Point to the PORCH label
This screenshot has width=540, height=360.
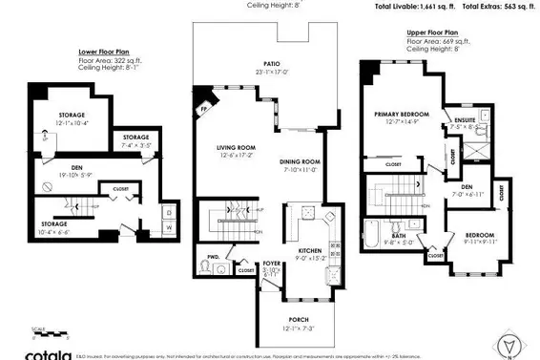pos(299,319)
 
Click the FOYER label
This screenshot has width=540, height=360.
pos(272,263)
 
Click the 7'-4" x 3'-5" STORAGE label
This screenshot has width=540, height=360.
pos(135,138)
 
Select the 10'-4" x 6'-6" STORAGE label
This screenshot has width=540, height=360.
pos(53,198)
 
